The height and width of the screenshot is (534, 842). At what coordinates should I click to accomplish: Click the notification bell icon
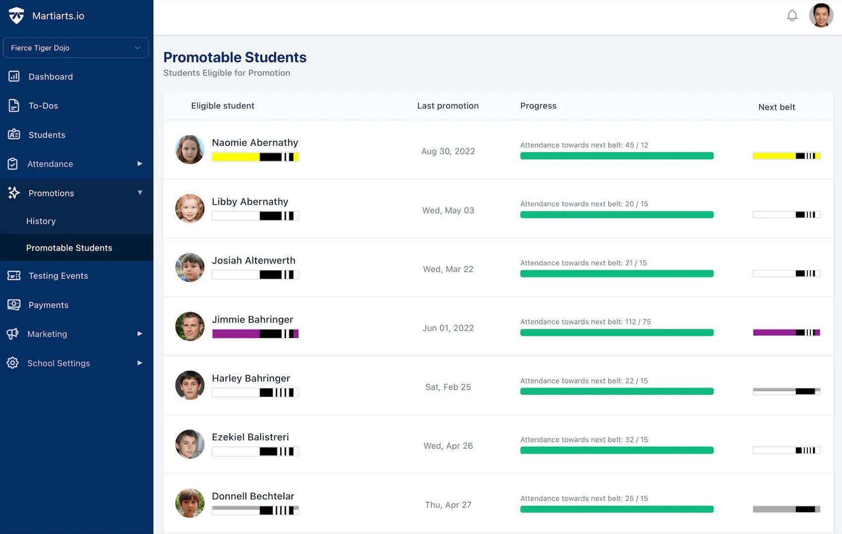point(792,16)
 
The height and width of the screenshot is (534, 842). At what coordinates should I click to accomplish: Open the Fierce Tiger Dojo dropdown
point(76,48)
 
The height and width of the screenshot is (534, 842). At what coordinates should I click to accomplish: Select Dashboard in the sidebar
point(50,77)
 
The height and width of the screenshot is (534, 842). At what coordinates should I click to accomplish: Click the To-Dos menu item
point(43,106)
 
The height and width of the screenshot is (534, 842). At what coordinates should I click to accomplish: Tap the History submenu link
point(41,221)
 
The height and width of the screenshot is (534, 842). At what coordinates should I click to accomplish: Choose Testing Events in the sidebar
point(58,276)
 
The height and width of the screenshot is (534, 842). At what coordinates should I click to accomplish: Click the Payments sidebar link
point(48,305)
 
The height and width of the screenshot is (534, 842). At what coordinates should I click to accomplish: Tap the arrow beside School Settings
point(140,363)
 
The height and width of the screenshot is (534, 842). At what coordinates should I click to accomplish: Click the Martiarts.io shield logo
point(16,16)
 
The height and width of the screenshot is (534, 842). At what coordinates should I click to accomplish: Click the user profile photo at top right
point(821,16)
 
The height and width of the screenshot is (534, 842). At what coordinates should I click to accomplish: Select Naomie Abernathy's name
point(255,143)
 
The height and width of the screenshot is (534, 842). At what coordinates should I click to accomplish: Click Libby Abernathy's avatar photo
point(190,209)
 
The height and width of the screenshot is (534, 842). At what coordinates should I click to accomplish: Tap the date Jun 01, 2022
point(448,328)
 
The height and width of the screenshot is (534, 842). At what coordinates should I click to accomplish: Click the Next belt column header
point(776,107)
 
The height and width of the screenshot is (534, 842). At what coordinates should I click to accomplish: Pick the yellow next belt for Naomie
point(786,156)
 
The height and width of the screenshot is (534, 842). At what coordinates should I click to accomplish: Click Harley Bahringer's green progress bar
point(617,392)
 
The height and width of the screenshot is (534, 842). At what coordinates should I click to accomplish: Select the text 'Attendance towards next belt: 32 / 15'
point(584,440)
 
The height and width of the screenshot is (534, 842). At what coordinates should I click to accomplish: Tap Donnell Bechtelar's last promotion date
point(448,505)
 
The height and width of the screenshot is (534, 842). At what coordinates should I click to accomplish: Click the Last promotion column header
point(447,106)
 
